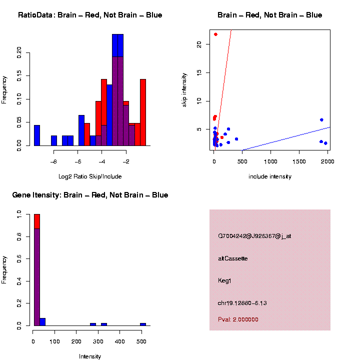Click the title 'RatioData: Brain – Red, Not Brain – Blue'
[x=90, y=15]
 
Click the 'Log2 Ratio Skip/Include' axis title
[x=90, y=176]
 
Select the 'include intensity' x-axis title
[x=270, y=176]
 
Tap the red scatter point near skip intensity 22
[x=215, y=34]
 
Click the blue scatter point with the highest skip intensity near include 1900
[x=321, y=120]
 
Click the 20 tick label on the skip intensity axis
[x=199, y=44]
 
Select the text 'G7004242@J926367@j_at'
[x=254, y=236]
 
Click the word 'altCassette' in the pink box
[x=233, y=258]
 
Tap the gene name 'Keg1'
[x=225, y=280]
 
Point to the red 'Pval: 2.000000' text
[x=238, y=319]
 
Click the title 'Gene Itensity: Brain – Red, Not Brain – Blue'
[x=90, y=195]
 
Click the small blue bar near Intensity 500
[x=143, y=324]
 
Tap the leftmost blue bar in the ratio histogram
[x=37, y=135]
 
